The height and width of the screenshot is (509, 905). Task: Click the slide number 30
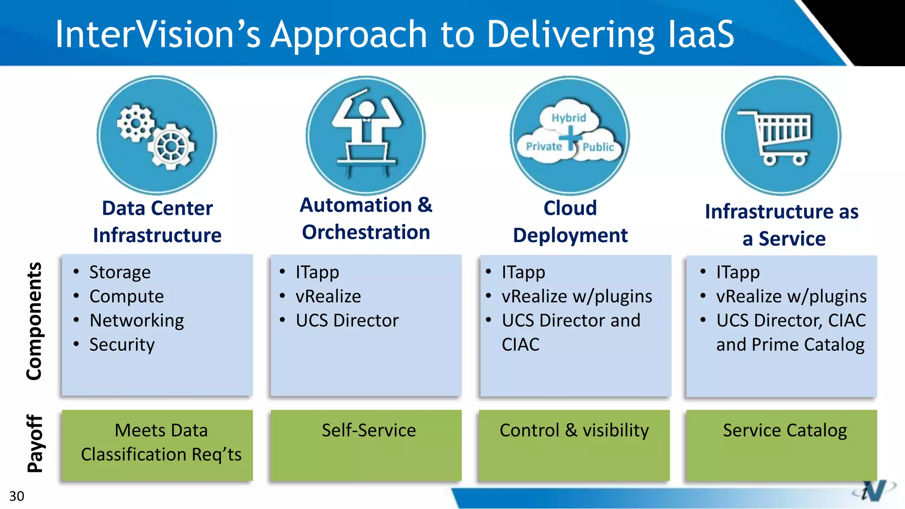coord(16,496)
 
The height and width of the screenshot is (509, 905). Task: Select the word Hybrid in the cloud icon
coord(568,118)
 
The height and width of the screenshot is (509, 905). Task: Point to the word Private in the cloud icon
coord(544,146)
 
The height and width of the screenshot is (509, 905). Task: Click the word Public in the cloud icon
coord(598,147)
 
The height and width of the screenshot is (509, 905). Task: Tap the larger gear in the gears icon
coord(171,147)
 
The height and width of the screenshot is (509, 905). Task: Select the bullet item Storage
coord(120,272)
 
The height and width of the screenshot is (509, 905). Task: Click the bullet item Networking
coord(137,320)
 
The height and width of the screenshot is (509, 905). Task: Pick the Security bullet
coord(122,345)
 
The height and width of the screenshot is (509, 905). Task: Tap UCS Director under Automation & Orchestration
coord(347,320)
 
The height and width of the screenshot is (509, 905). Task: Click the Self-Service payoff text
coord(369,430)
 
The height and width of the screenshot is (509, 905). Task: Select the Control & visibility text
coord(574,430)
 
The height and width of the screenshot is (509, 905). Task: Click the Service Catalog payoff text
coord(785,430)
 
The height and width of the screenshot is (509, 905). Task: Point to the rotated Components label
coord(34,321)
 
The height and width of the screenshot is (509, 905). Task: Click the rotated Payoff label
coord(35,444)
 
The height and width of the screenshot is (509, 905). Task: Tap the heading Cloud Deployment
coord(570,222)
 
